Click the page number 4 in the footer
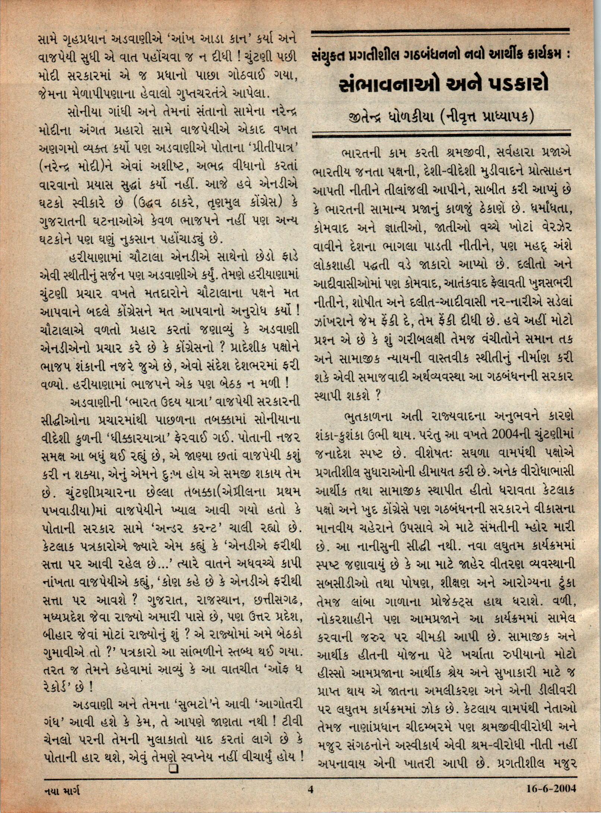(x=309, y=788)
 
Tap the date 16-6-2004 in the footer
(x=551, y=788)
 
